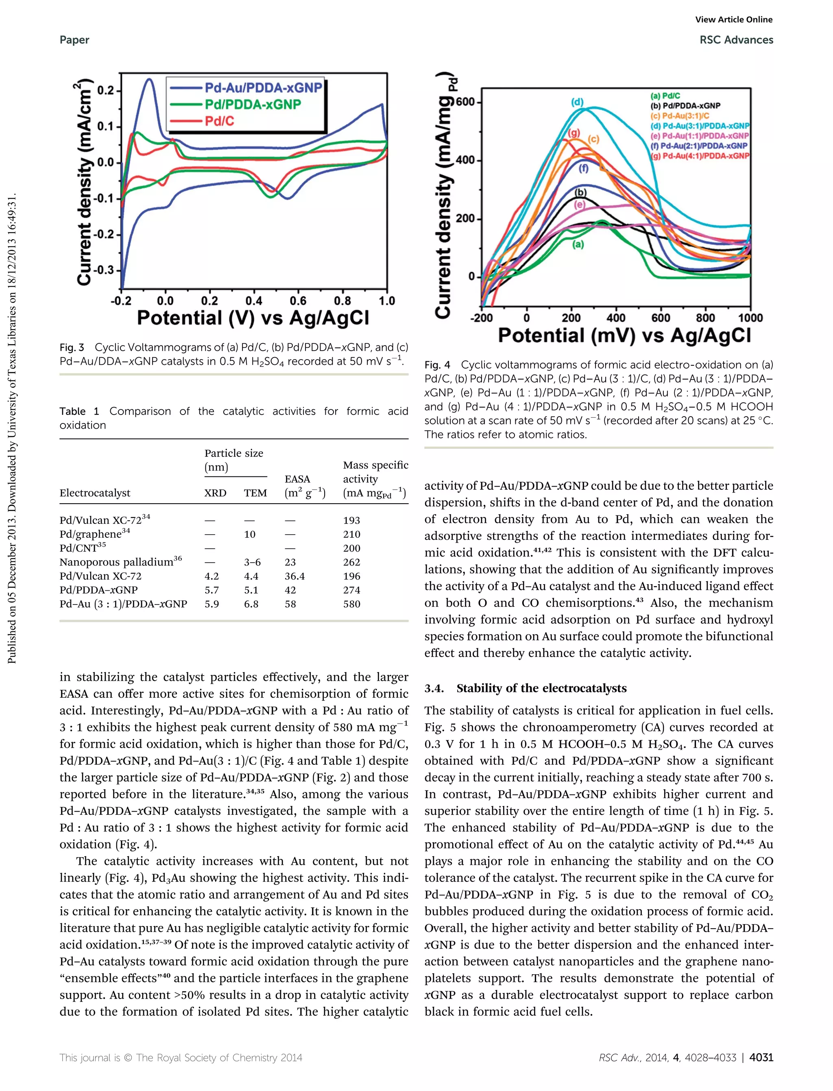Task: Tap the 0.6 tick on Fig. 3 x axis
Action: pyautogui.click(x=298, y=301)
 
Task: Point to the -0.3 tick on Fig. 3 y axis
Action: pyautogui.click(x=104, y=270)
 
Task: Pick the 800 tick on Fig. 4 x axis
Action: pyautogui.click(x=705, y=318)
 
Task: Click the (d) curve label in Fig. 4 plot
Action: pyautogui.click(x=577, y=102)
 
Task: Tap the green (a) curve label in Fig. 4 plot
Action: pyautogui.click(x=578, y=244)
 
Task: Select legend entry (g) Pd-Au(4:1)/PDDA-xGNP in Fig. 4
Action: pyautogui.click(x=700, y=156)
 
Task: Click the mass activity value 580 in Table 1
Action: pyautogui.click(x=351, y=604)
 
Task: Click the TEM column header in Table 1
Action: pyautogui.click(x=255, y=493)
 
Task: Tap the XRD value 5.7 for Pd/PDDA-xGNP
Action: pyautogui.click(x=212, y=590)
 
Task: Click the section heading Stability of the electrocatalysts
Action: pyautogui.click(x=541, y=688)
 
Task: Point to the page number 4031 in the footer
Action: pyautogui.click(x=761, y=1058)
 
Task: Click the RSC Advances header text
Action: pyautogui.click(x=736, y=40)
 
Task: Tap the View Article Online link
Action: pyautogui.click(x=734, y=20)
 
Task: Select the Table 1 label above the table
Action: pyautogui.click(x=79, y=411)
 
